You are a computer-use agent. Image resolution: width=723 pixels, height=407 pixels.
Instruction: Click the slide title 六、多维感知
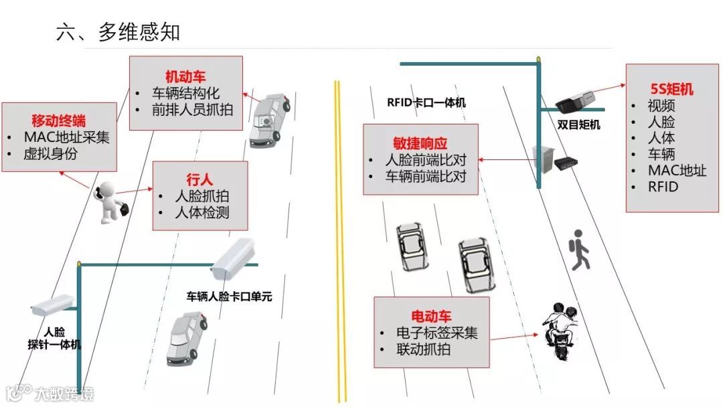pos(118,32)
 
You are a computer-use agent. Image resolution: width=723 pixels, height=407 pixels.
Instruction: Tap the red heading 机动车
pos(185,76)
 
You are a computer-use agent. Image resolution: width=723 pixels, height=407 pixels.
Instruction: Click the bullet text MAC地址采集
pos(66,137)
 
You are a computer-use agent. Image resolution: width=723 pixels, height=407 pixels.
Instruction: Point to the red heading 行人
pos(199,179)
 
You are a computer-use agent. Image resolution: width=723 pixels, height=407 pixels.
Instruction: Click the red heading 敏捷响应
pos(420,143)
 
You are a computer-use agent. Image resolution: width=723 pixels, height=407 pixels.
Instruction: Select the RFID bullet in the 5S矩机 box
pos(663,186)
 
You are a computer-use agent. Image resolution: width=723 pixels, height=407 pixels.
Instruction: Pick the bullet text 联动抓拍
pos(423,349)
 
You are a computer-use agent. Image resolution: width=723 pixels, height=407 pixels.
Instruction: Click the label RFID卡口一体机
pos(426,102)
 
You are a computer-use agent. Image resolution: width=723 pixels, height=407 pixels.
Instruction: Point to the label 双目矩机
pos(579,125)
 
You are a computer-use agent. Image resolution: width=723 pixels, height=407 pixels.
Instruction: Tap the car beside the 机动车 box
pos(268,120)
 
